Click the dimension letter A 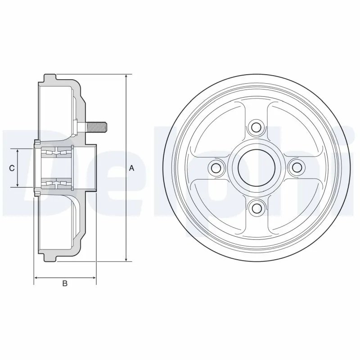(131, 168)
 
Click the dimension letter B (65, 283)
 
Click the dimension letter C (13, 168)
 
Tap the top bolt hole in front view (256, 128)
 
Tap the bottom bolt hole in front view (256, 208)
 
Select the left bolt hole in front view (216, 168)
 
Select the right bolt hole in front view (297, 168)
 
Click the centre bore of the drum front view (256, 168)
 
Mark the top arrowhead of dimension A (126, 77)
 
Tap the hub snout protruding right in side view (90, 168)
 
